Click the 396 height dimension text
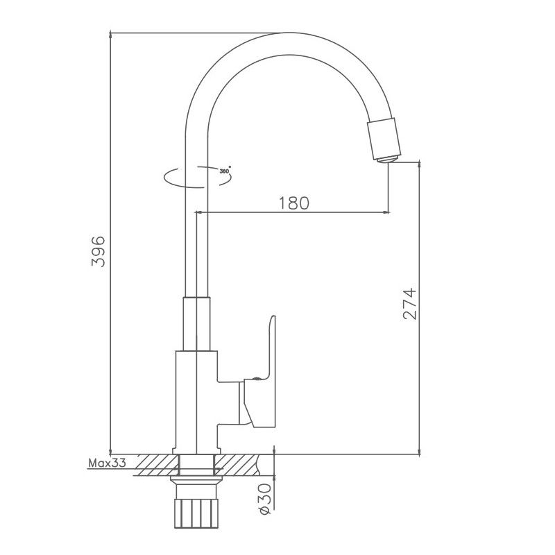pos(99,251)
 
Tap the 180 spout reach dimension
pos(293,203)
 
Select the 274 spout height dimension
pos(409,303)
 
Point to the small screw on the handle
pos(257,378)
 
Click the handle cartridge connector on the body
pos(229,402)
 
